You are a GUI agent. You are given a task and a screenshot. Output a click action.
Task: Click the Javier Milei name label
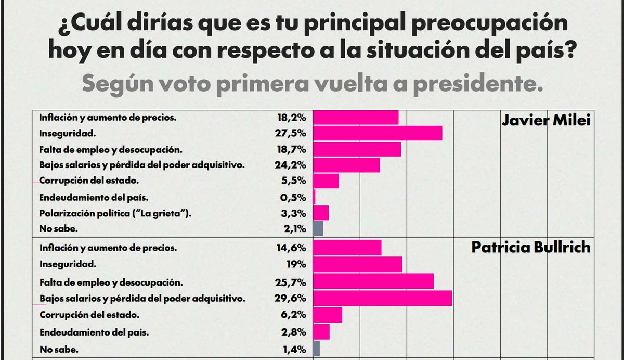coord(546,121)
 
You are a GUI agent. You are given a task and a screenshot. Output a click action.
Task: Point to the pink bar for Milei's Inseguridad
coord(378,133)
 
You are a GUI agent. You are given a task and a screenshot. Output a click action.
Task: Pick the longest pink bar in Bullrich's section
coord(382,299)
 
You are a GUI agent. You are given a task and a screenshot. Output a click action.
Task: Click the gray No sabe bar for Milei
coord(318,228)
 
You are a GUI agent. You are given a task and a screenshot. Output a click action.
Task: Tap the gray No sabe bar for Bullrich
coord(316,348)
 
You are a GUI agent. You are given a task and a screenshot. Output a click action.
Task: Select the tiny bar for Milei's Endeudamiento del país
coord(314,197)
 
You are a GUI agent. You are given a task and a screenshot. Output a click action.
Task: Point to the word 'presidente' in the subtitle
coord(486,83)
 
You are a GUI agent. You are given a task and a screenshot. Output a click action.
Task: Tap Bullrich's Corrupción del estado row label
coord(89,315)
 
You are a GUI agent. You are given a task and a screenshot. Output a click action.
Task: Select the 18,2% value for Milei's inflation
coord(291,118)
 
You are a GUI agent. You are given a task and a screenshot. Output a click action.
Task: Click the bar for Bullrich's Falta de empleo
coord(373,281)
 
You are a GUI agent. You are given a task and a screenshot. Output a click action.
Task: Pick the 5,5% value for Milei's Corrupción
coord(294,182)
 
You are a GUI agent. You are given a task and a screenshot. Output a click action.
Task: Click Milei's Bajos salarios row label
coord(142,165)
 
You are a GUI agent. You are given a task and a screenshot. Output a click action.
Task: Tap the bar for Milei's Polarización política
coord(321,213)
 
